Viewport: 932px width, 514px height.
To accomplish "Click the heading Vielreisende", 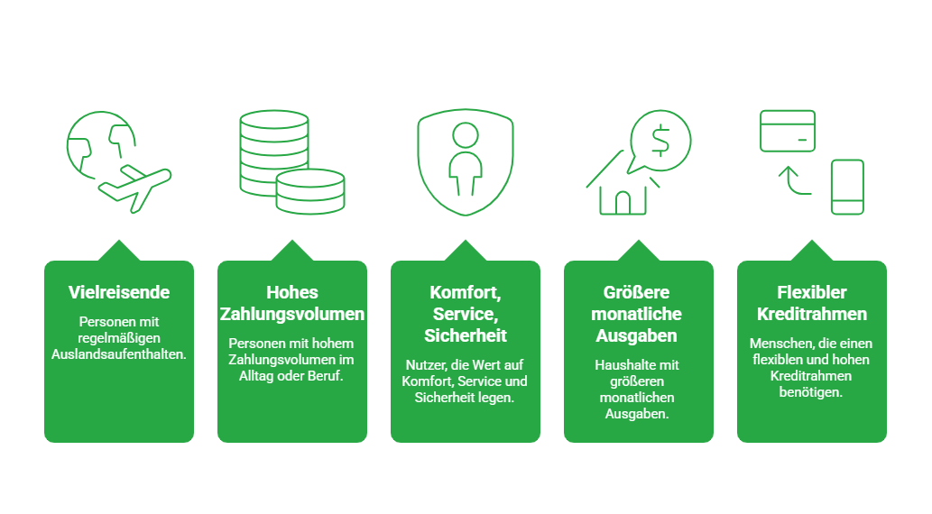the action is [119, 292].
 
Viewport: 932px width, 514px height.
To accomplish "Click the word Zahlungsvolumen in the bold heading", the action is [291, 314].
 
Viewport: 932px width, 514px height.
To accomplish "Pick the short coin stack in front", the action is [310, 191].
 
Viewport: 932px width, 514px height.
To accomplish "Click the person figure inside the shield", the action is [466, 159].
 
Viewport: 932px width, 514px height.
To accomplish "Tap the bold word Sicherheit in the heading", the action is [466, 335].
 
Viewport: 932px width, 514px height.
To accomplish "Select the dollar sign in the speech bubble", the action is [660, 141].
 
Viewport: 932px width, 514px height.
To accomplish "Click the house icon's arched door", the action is [623, 203].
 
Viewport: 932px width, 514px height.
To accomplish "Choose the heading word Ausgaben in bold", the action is [637, 335].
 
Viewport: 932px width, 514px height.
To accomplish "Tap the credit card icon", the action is [788, 131].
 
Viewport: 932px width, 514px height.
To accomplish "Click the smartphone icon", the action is [847, 187].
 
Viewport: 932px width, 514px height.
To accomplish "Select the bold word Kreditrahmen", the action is [812, 314].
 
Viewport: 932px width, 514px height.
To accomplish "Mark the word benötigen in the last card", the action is [811, 392].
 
